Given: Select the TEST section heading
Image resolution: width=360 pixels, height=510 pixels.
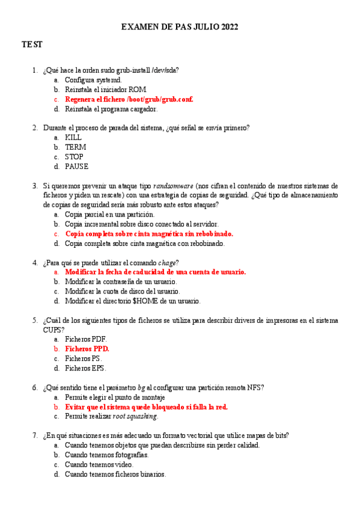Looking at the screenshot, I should coord(32,45).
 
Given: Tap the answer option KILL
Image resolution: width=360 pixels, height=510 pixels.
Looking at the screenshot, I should coord(73,137).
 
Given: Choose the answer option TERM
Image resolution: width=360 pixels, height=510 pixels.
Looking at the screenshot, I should coord(75,147).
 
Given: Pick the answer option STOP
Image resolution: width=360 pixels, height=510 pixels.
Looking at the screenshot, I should coord(75,156).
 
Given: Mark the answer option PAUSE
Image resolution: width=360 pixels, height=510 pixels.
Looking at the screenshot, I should coord(76,166).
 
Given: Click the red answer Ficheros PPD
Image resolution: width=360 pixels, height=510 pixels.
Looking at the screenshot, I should coord(87,349).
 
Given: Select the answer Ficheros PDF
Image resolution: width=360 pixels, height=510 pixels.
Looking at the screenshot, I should coord(86,339).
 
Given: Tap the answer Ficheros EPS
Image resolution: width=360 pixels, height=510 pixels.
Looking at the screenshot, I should coord(86,368).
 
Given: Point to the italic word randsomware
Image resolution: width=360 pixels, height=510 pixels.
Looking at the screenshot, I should coord(173,186).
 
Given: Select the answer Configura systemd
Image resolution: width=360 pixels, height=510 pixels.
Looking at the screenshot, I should coord(93,79).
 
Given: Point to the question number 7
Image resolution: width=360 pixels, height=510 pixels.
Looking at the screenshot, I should coord(35,435).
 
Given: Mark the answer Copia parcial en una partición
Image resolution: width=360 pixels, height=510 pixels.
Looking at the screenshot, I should coord(109,214).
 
